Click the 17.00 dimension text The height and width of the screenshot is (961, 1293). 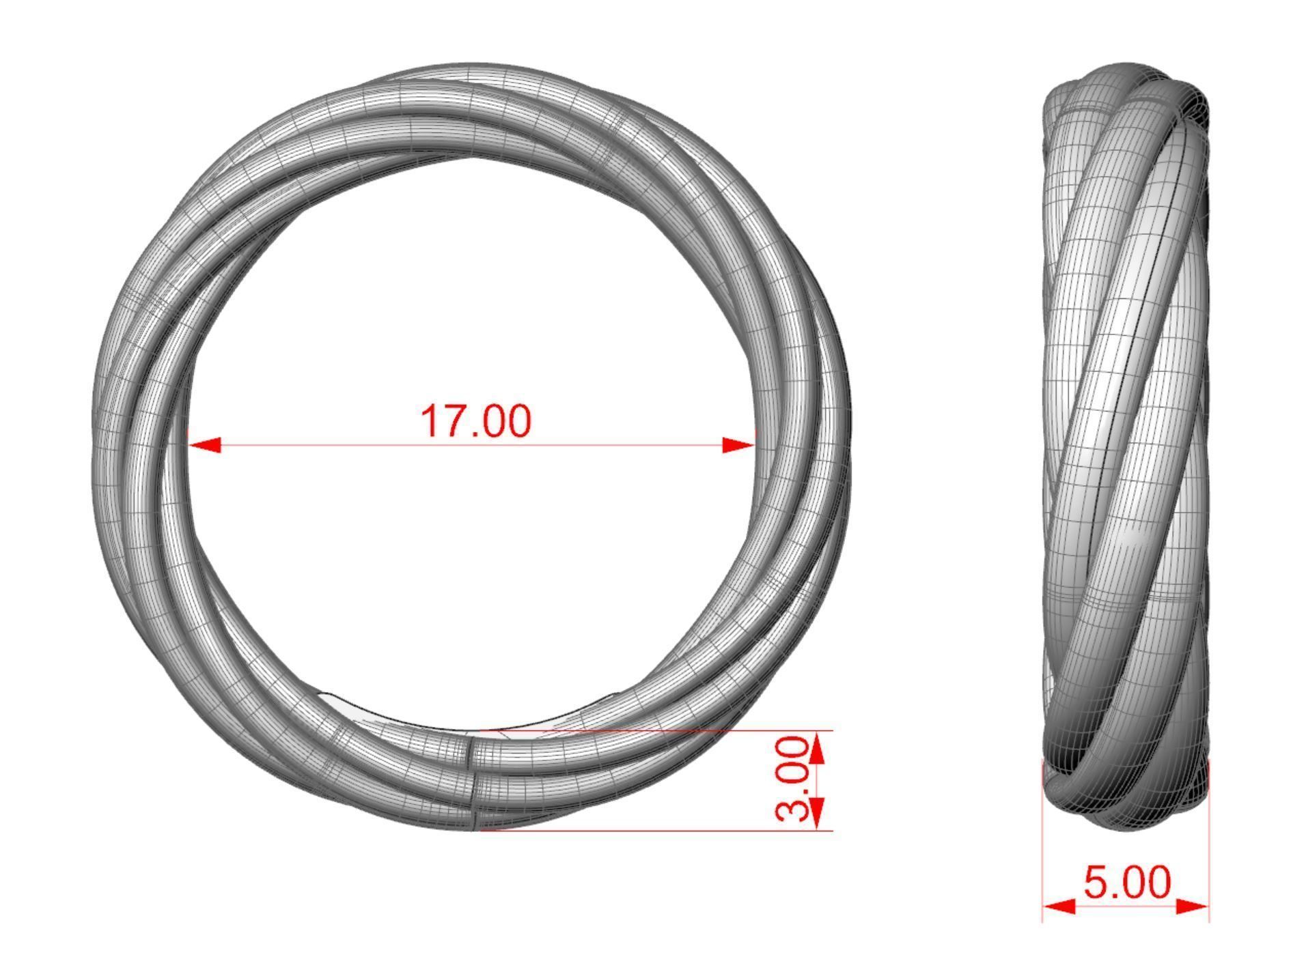[x=475, y=421]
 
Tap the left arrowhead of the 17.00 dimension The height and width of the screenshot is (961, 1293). [x=204, y=446]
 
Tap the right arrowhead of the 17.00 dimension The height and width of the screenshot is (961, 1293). [x=739, y=446]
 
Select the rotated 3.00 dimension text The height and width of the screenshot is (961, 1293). [x=793, y=779]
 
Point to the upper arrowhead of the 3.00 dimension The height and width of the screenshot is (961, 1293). [x=819, y=747]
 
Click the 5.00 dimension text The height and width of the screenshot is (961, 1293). [x=1126, y=883]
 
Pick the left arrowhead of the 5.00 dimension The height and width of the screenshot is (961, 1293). [x=1059, y=906]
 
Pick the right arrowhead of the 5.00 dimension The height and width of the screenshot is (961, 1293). [x=1193, y=906]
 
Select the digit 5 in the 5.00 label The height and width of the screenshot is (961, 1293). [x=1097, y=883]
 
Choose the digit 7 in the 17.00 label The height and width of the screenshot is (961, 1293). [x=449, y=421]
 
